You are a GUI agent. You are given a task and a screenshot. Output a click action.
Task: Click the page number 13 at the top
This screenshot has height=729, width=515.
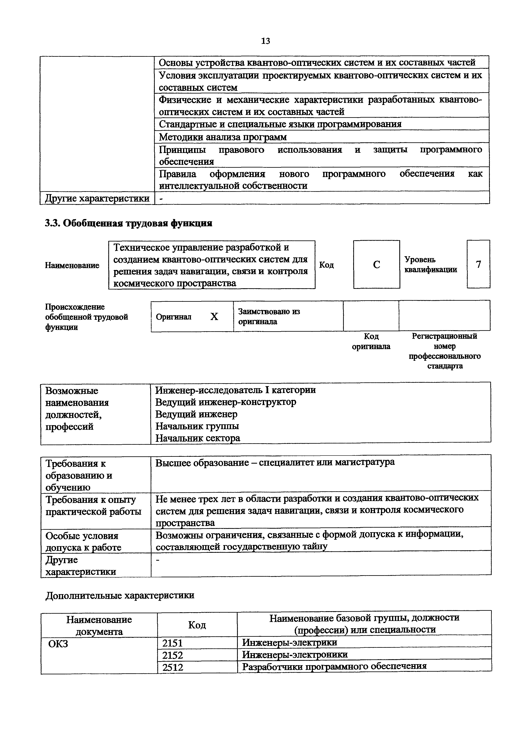(x=265, y=41)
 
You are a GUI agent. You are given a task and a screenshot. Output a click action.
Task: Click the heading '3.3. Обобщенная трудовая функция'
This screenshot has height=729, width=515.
(x=129, y=224)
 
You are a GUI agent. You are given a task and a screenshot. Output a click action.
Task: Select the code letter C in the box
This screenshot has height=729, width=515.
(x=376, y=265)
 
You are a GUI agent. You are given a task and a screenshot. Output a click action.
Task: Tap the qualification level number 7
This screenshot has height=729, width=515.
(x=478, y=264)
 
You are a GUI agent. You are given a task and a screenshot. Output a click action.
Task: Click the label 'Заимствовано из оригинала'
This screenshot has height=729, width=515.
(x=269, y=316)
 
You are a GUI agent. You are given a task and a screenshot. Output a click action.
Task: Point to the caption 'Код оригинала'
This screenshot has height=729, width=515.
(x=371, y=341)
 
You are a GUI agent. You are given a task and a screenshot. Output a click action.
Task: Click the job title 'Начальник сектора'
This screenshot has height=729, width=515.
(x=197, y=438)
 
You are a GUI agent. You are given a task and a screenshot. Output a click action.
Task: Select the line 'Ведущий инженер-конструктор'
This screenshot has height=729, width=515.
(x=226, y=402)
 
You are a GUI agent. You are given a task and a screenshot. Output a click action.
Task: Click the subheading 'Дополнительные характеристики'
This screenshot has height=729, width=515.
(x=120, y=595)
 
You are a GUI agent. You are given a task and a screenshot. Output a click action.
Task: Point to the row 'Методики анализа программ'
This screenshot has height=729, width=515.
(x=222, y=137)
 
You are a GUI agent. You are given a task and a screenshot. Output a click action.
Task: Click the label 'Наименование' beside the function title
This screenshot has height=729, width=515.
(x=72, y=265)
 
